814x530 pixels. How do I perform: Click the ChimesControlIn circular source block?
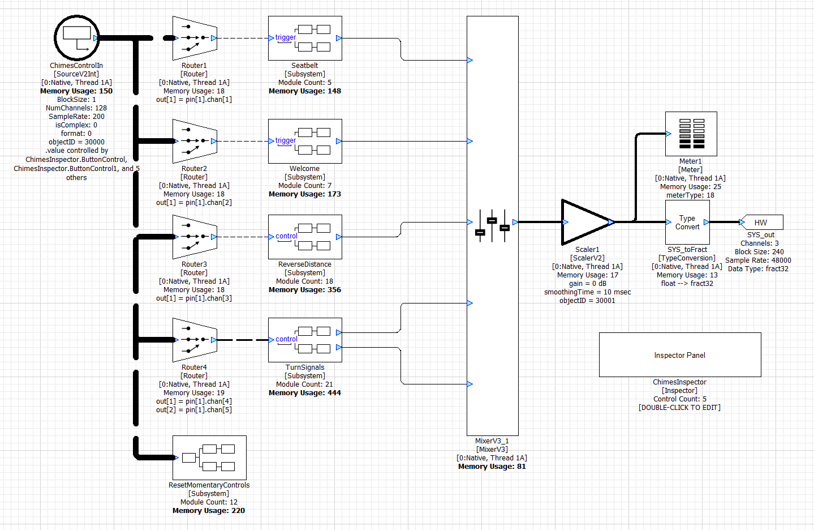76,38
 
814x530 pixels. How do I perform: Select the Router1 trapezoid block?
195,38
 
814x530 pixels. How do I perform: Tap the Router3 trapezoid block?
195,237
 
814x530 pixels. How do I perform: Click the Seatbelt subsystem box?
305,38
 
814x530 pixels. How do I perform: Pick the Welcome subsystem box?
305,141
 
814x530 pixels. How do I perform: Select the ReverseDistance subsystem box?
305,237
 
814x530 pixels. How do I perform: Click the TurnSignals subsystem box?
305,340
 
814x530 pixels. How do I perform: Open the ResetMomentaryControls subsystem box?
209,458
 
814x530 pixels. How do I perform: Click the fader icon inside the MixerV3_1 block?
492,225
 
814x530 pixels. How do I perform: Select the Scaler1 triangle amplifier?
585,222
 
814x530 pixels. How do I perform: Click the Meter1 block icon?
691,134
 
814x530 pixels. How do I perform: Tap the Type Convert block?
687,222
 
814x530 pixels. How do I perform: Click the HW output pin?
761,222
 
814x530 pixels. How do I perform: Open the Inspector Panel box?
680,355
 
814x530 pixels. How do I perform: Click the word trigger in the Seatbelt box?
286,37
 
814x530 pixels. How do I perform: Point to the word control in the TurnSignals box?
286,339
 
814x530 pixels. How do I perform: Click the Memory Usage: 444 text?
305,393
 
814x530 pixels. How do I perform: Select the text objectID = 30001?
587,301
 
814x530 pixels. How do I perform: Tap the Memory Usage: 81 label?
492,467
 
